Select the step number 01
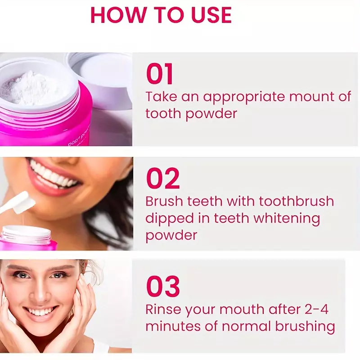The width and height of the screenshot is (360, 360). pos(160,74)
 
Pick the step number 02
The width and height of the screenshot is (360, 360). pos(163,178)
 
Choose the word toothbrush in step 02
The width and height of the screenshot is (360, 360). pos(297,201)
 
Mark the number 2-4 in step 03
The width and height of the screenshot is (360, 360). pos(317,309)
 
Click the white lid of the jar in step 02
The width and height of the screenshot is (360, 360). pos(26,232)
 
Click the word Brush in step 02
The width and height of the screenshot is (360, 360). pos(164,201)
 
